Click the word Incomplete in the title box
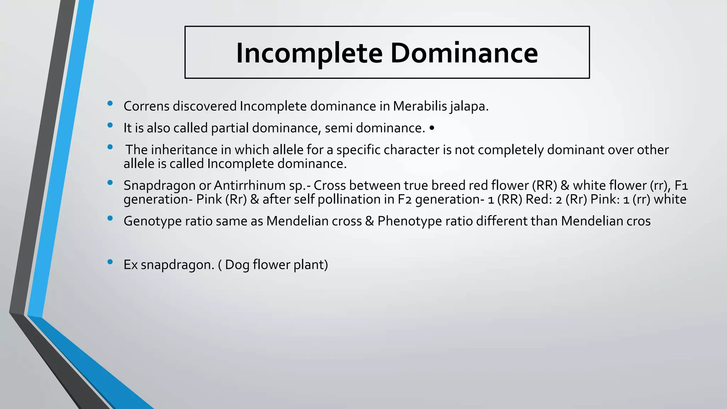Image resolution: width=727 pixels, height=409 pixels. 309,53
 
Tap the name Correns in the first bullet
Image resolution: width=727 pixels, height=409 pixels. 146,106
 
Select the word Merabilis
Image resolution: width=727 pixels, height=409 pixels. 419,106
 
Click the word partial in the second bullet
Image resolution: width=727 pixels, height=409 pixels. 230,128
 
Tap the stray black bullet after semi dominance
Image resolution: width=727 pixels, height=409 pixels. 432,128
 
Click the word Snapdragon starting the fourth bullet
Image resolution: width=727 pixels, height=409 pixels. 159,186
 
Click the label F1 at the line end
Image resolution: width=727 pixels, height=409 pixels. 681,185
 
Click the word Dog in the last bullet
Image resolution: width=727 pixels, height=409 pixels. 237,265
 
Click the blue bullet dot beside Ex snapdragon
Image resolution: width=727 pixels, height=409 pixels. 110,262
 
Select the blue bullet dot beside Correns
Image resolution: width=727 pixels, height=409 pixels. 110,103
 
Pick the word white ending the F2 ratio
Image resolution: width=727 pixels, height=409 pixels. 670,200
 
